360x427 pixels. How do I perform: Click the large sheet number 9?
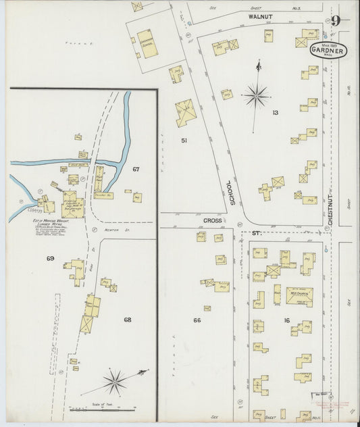(x=336, y=21)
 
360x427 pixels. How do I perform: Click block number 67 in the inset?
(x=136, y=168)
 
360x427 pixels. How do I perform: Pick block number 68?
(x=128, y=318)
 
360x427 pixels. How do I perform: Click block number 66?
(x=197, y=320)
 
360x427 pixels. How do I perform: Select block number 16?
(x=286, y=320)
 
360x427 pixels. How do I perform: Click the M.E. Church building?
(x=299, y=295)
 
